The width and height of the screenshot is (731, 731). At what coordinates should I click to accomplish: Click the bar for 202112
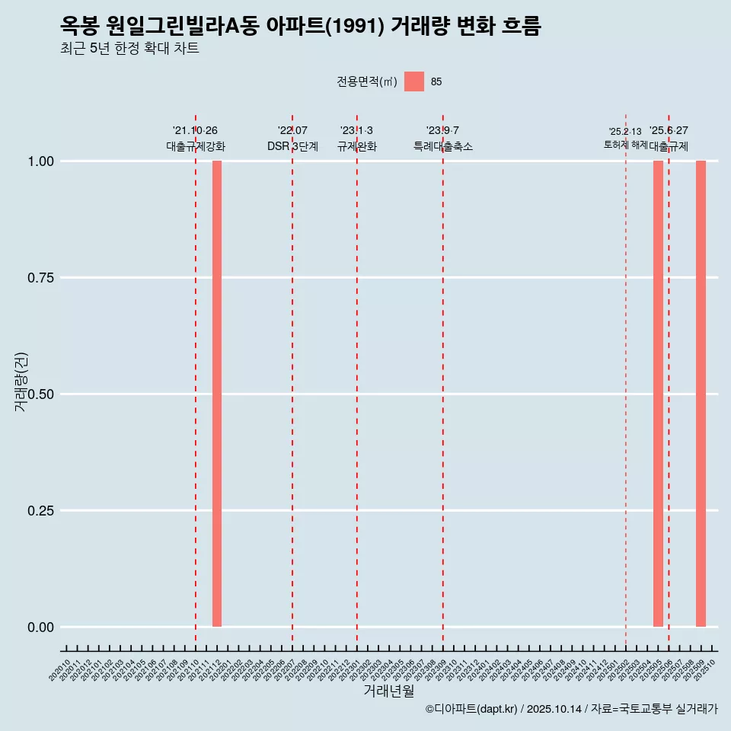pyautogui.click(x=217, y=394)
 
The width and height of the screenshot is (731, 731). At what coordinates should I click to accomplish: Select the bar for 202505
pyautogui.click(x=658, y=394)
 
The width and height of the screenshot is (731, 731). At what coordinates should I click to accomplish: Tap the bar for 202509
pyautogui.click(x=701, y=394)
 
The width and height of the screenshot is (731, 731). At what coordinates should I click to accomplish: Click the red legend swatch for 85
pyautogui.click(x=413, y=81)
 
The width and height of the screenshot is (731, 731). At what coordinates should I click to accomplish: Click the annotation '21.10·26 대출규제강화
pyautogui.click(x=196, y=139)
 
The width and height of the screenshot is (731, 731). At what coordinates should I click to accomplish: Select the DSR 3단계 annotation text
pyautogui.click(x=292, y=146)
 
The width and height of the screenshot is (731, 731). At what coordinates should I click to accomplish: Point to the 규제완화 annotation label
pyautogui.click(x=356, y=146)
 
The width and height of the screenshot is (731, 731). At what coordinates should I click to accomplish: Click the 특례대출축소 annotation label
pyautogui.click(x=443, y=146)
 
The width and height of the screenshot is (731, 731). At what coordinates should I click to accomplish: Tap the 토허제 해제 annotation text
pyautogui.click(x=625, y=144)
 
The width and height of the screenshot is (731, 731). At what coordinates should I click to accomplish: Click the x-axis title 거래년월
pyautogui.click(x=389, y=691)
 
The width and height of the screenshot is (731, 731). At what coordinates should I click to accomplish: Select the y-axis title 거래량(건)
pyautogui.click(x=21, y=381)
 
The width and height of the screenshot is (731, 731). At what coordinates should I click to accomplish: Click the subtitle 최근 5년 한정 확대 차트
pyautogui.click(x=129, y=49)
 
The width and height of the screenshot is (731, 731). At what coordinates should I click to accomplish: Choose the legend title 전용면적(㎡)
pyautogui.click(x=366, y=82)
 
